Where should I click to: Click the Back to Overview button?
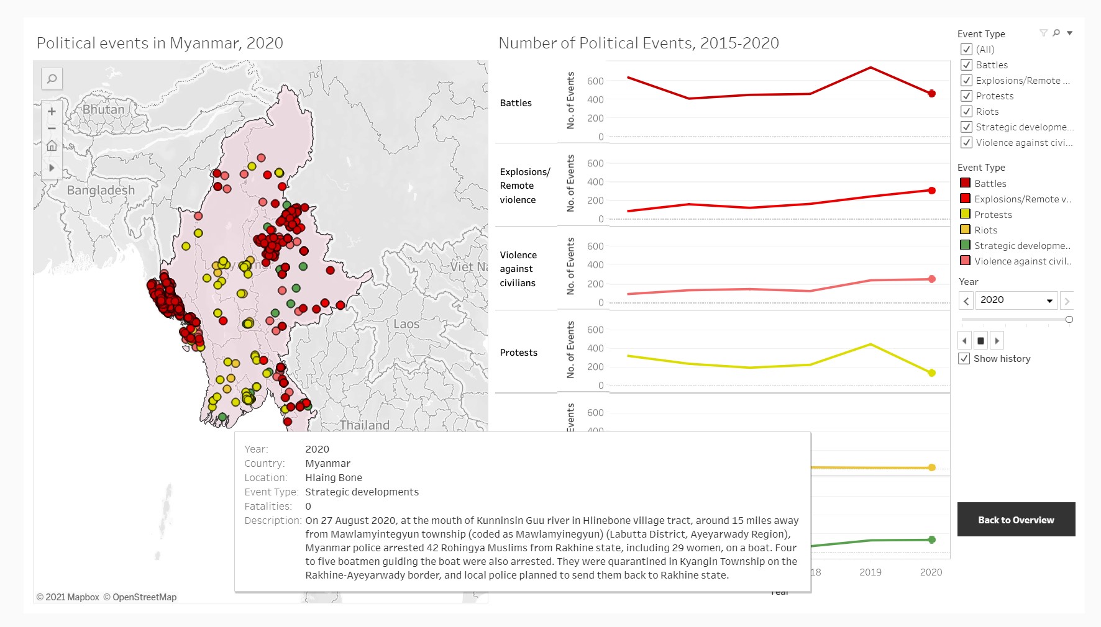click(x=1016, y=520)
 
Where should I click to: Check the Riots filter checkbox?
click(x=967, y=112)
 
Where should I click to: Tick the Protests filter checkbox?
click(x=967, y=96)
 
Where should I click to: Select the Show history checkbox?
click(x=964, y=359)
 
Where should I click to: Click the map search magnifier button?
click(x=52, y=79)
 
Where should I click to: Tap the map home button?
click(x=52, y=146)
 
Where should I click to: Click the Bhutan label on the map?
click(x=103, y=109)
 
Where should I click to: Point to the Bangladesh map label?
click(x=101, y=190)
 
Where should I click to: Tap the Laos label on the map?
click(x=406, y=324)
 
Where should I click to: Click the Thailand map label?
click(x=365, y=425)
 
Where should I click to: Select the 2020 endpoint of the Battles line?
click(x=931, y=94)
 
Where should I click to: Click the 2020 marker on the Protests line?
click(x=931, y=373)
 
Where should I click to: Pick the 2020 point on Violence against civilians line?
click(x=931, y=279)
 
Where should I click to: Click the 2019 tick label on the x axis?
click(x=870, y=572)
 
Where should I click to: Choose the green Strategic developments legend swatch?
click(x=965, y=245)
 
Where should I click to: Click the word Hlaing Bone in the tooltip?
click(x=334, y=478)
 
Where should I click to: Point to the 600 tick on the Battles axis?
click(x=595, y=81)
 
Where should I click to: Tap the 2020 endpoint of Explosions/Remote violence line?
click(x=931, y=191)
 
